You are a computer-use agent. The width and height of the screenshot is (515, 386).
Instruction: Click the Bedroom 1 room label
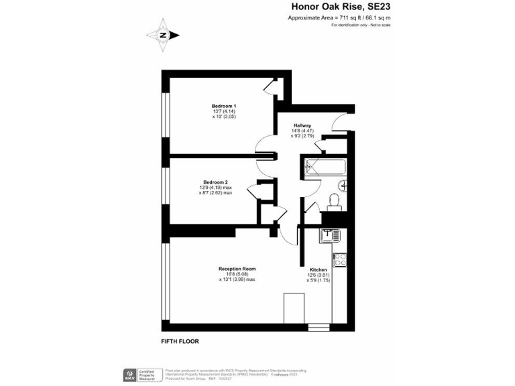click(x=224, y=107)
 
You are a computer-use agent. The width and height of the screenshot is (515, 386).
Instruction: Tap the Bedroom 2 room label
click(x=216, y=182)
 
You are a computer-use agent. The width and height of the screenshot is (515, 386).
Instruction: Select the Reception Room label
click(x=237, y=269)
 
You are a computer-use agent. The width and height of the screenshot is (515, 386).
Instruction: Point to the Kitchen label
click(x=318, y=270)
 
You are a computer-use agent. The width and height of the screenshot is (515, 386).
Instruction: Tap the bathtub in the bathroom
click(x=325, y=166)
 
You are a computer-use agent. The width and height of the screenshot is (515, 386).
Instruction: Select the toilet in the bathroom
click(x=333, y=201)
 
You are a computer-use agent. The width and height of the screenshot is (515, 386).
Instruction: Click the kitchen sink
click(x=329, y=235)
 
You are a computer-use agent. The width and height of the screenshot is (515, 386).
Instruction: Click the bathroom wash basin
click(x=342, y=184)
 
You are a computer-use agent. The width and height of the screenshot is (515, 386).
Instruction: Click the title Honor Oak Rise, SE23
click(x=341, y=7)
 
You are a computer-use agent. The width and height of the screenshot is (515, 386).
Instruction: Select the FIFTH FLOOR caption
click(x=180, y=340)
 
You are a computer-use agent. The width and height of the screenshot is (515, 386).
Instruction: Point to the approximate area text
click(x=339, y=18)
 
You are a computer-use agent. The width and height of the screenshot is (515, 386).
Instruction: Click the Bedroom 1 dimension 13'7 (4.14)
click(x=224, y=112)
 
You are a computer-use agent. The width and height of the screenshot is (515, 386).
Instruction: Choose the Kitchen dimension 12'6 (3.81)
click(x=318, y=275)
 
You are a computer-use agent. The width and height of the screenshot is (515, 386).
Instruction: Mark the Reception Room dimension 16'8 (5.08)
click(x=237, y=274)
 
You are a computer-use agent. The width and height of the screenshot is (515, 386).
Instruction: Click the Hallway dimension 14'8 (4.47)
click(x=302, y=131)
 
